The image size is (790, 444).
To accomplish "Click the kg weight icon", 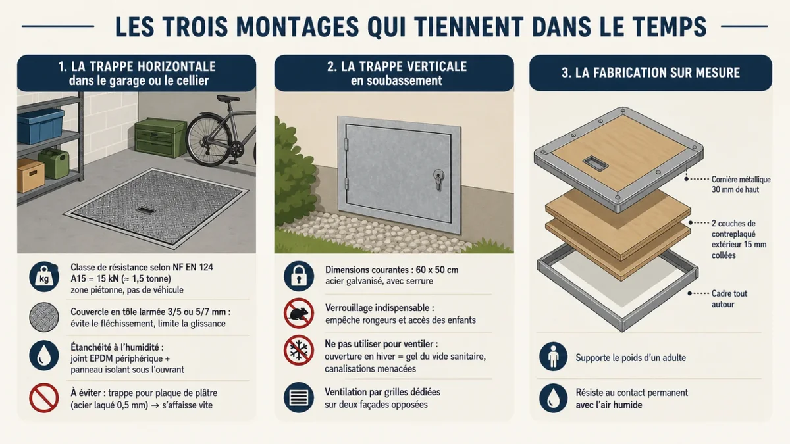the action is [44, 277].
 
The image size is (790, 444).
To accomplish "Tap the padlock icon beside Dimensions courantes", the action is [299, 276].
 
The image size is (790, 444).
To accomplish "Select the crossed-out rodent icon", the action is [299, 313].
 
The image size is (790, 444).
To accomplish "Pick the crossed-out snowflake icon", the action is [299, 350].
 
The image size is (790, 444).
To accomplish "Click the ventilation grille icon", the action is [299, 397].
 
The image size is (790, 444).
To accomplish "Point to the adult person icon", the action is [554, 357].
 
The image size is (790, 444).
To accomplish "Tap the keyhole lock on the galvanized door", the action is [438, 179].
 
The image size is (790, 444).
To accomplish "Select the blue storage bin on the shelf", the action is [41, 126].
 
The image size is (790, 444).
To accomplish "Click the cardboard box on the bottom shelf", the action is [31, 175].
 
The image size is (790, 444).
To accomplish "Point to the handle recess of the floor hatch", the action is [145, 210].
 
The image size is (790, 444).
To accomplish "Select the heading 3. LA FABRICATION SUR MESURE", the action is [650, 73].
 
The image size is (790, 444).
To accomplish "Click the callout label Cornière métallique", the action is [741, 180].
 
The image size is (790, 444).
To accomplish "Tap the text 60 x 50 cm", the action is [437, 270].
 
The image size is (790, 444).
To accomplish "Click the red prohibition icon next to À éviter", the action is [44, 398].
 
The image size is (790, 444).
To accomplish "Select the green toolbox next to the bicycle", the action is [161, 137].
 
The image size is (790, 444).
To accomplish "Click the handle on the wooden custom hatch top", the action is [595, 164].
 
